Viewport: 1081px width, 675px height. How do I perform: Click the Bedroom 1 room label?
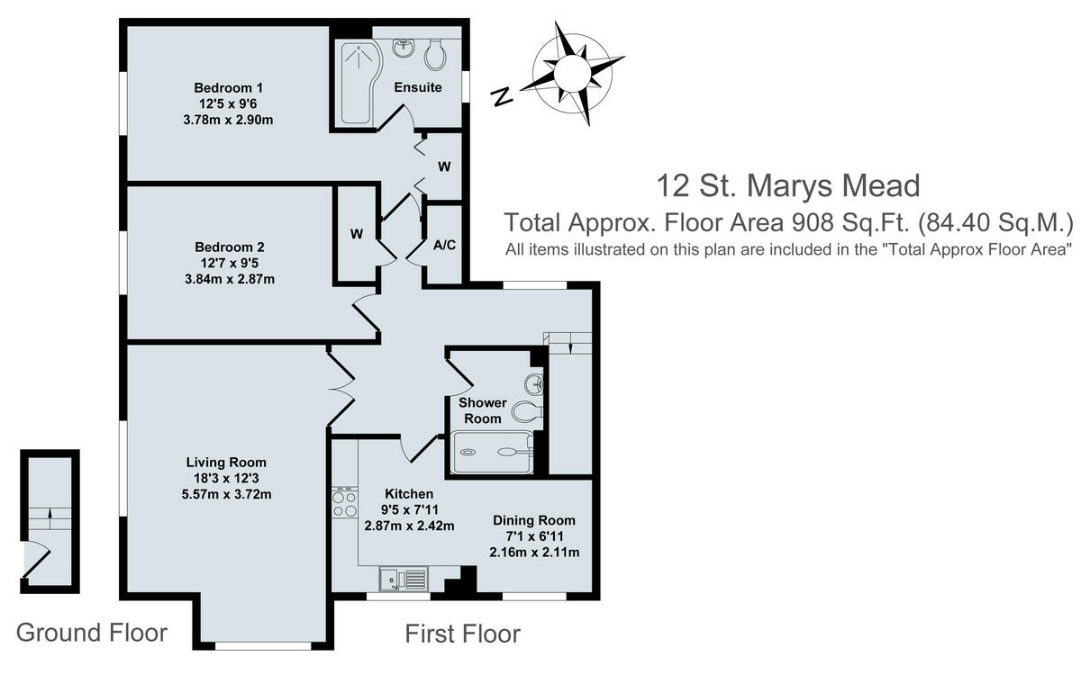[x=228, y=88]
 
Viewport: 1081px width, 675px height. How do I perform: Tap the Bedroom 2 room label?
[x=228, y=247]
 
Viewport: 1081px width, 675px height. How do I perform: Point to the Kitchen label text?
[x=409, y=494]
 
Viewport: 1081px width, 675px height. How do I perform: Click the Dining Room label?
[x=533, y=520]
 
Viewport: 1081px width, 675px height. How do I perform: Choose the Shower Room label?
[x=483, y=410]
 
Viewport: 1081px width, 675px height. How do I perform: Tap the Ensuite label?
[x=418, y=87]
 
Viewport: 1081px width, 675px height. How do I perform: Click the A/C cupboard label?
[x=443, y=245]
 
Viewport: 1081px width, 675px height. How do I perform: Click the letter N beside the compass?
[x=502, y=94]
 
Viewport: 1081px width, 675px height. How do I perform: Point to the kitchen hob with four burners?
[x=344, y=502]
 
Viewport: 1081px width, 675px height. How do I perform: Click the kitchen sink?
[x=403, y=579]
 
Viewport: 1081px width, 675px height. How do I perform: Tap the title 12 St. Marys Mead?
[x=788, y=185]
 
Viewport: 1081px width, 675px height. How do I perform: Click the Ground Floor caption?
[x=92, y=632]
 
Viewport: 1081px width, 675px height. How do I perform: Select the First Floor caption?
[x=462, y=634]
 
